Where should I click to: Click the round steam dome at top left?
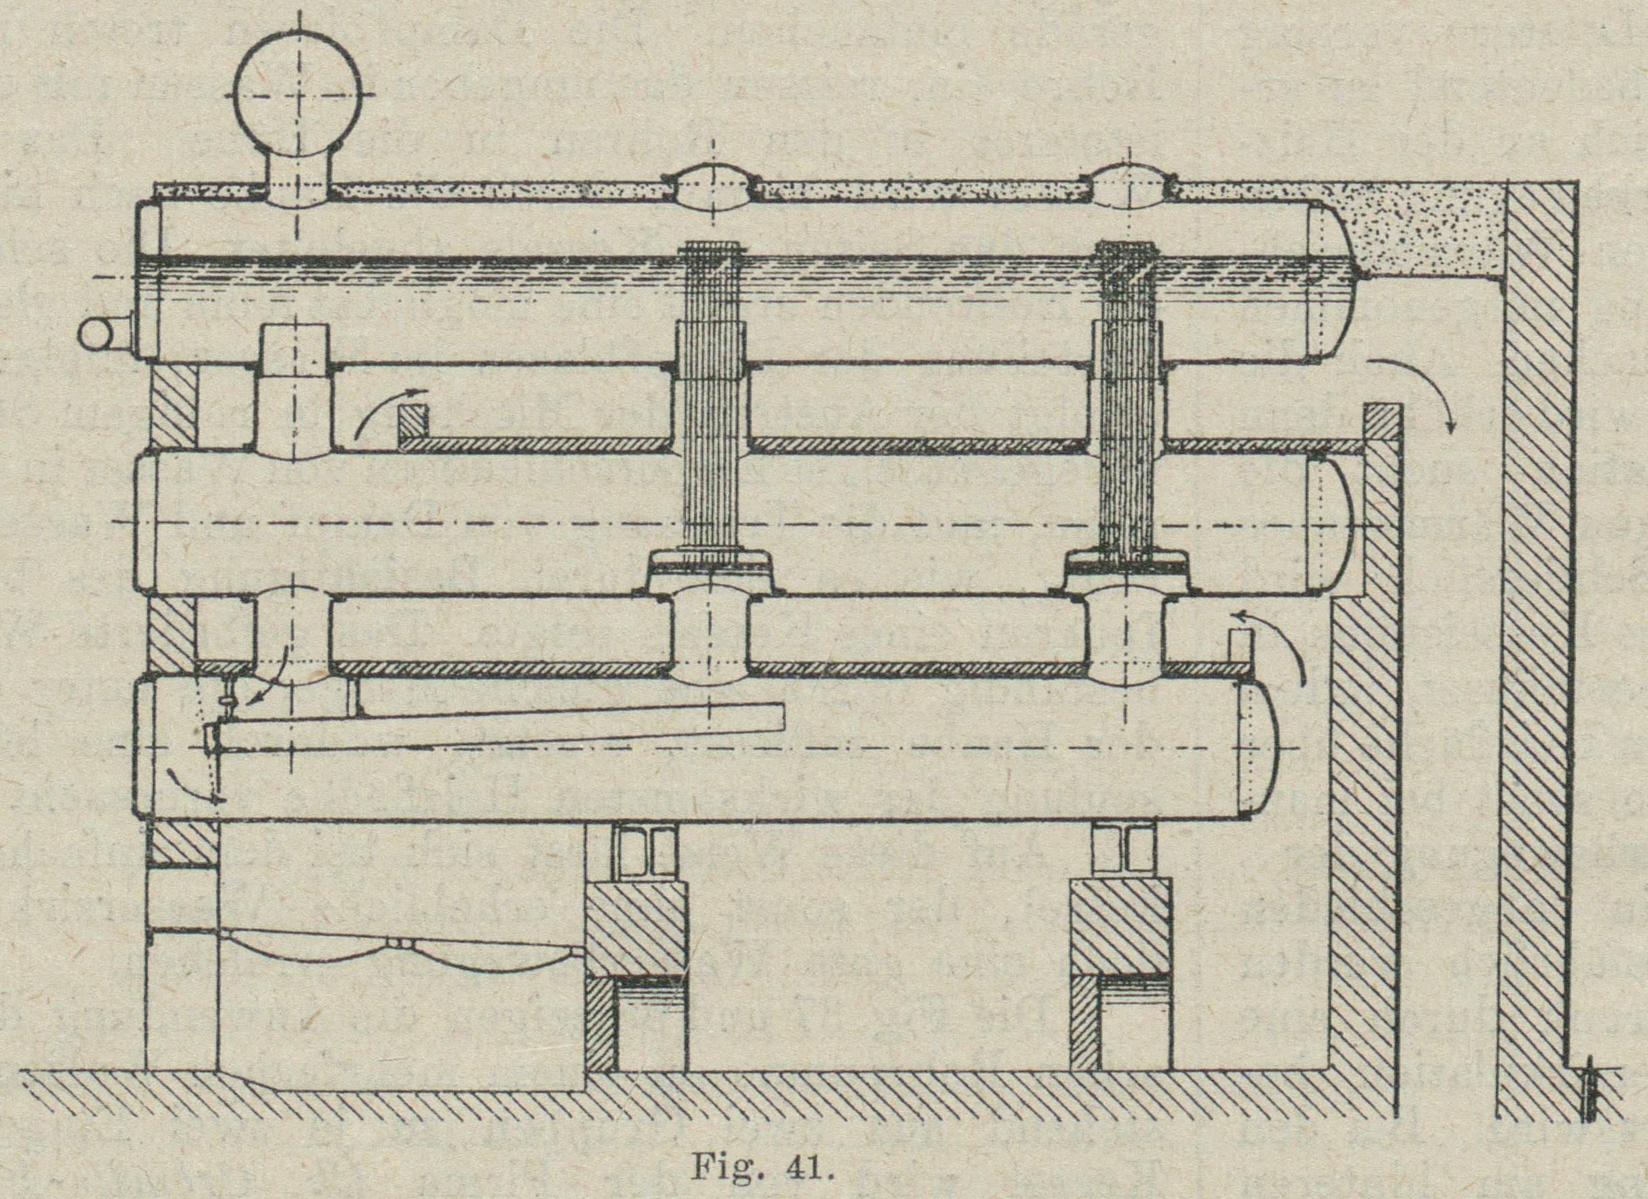click(298, 94)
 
